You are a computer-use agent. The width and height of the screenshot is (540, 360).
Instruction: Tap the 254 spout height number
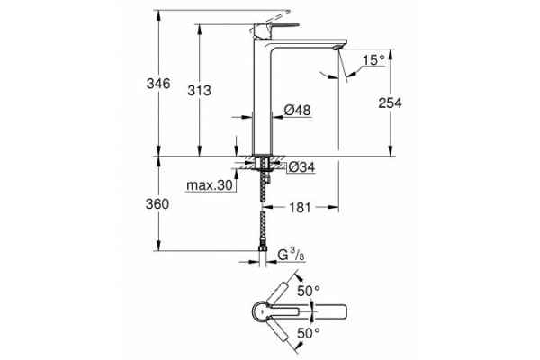point(390,103)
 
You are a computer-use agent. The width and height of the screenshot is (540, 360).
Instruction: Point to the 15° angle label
point(373,60)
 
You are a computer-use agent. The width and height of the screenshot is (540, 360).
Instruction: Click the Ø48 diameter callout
point(297,110)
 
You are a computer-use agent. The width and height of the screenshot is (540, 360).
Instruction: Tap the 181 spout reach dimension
point(301,208)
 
